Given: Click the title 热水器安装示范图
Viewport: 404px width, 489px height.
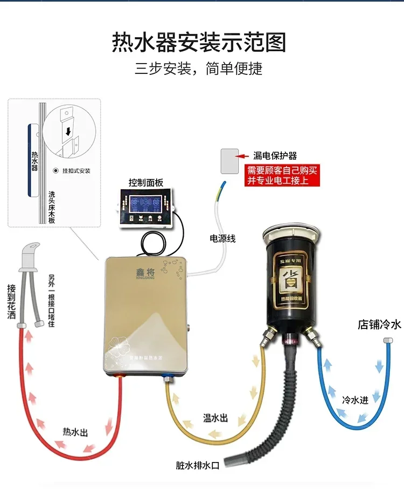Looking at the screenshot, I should (199, 43).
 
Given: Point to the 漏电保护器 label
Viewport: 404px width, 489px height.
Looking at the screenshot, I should (275, 156).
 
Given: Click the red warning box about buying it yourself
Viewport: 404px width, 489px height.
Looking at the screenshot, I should (282, 175).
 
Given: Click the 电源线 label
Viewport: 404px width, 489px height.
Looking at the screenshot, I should (222, 238).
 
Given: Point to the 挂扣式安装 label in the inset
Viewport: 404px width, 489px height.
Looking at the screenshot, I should (75, 171).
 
